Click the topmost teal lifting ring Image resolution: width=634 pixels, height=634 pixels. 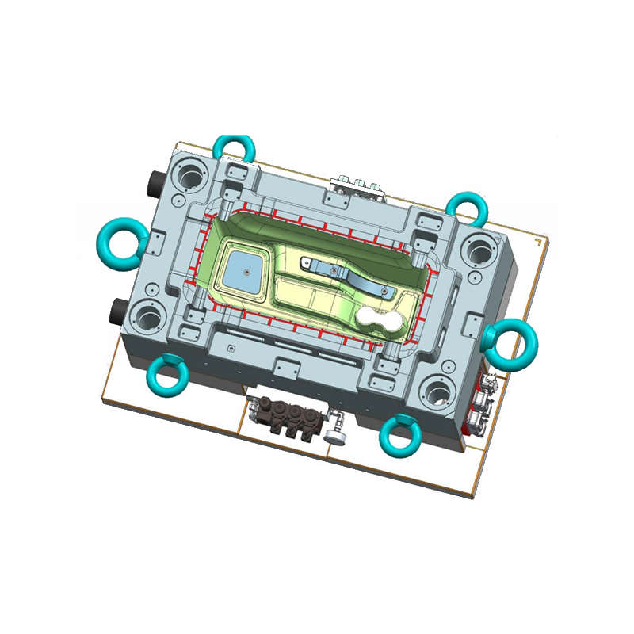[235, 147]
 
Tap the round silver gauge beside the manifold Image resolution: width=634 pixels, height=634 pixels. [334, 434]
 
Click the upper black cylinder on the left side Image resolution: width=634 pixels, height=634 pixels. [151, 185]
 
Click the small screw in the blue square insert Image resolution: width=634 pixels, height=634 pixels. [246, 270]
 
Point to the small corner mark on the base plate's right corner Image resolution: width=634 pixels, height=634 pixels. [540, 242]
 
